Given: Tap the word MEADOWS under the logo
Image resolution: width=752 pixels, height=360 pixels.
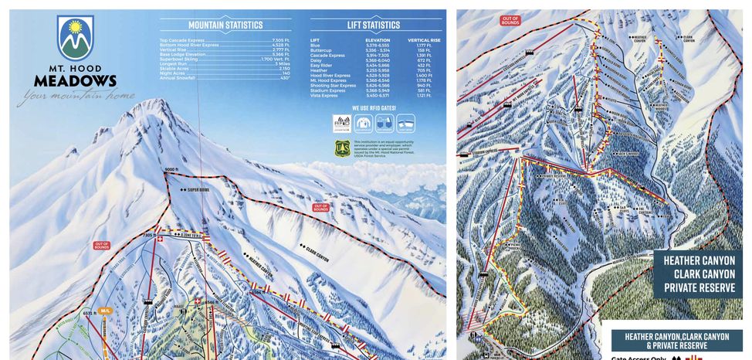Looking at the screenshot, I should [x=75, y=81].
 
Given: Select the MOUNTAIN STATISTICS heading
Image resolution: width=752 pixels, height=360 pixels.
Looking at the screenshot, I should [x=225, y=25].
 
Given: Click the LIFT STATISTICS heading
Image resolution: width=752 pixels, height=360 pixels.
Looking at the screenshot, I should [x=374, y=25].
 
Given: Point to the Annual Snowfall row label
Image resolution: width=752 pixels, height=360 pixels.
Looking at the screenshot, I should [x=177, y=78].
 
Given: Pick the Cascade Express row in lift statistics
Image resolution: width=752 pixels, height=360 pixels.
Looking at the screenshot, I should [x=327, y=55].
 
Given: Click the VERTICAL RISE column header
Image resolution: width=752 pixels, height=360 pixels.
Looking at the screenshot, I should [x=424, y=40].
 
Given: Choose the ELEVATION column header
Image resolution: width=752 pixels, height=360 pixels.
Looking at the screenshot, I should [x=378, y=40].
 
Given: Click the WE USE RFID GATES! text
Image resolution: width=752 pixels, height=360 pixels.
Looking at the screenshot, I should [x=374, y=108].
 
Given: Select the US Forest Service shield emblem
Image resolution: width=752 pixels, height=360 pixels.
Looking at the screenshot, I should [x=342, y=146].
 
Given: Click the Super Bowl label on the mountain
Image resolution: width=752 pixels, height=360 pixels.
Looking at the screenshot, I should [x=196, y=188].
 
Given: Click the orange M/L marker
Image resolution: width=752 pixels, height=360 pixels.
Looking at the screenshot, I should [x=105, y=311].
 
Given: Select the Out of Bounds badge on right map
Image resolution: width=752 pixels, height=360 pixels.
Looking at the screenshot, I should [x=510, y=19].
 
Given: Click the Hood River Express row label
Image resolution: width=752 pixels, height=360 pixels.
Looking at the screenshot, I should [x=330, y=75].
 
